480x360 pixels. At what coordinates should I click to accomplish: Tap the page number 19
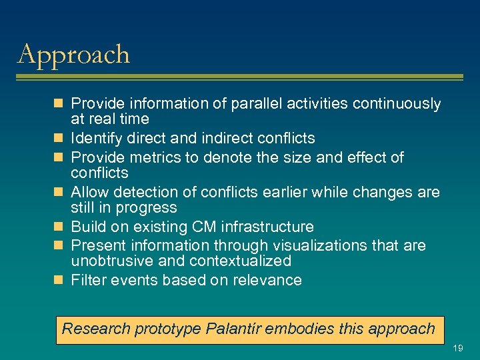click(x=458, y=348)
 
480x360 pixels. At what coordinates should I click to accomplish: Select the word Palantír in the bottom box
click(x=235, y=329)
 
